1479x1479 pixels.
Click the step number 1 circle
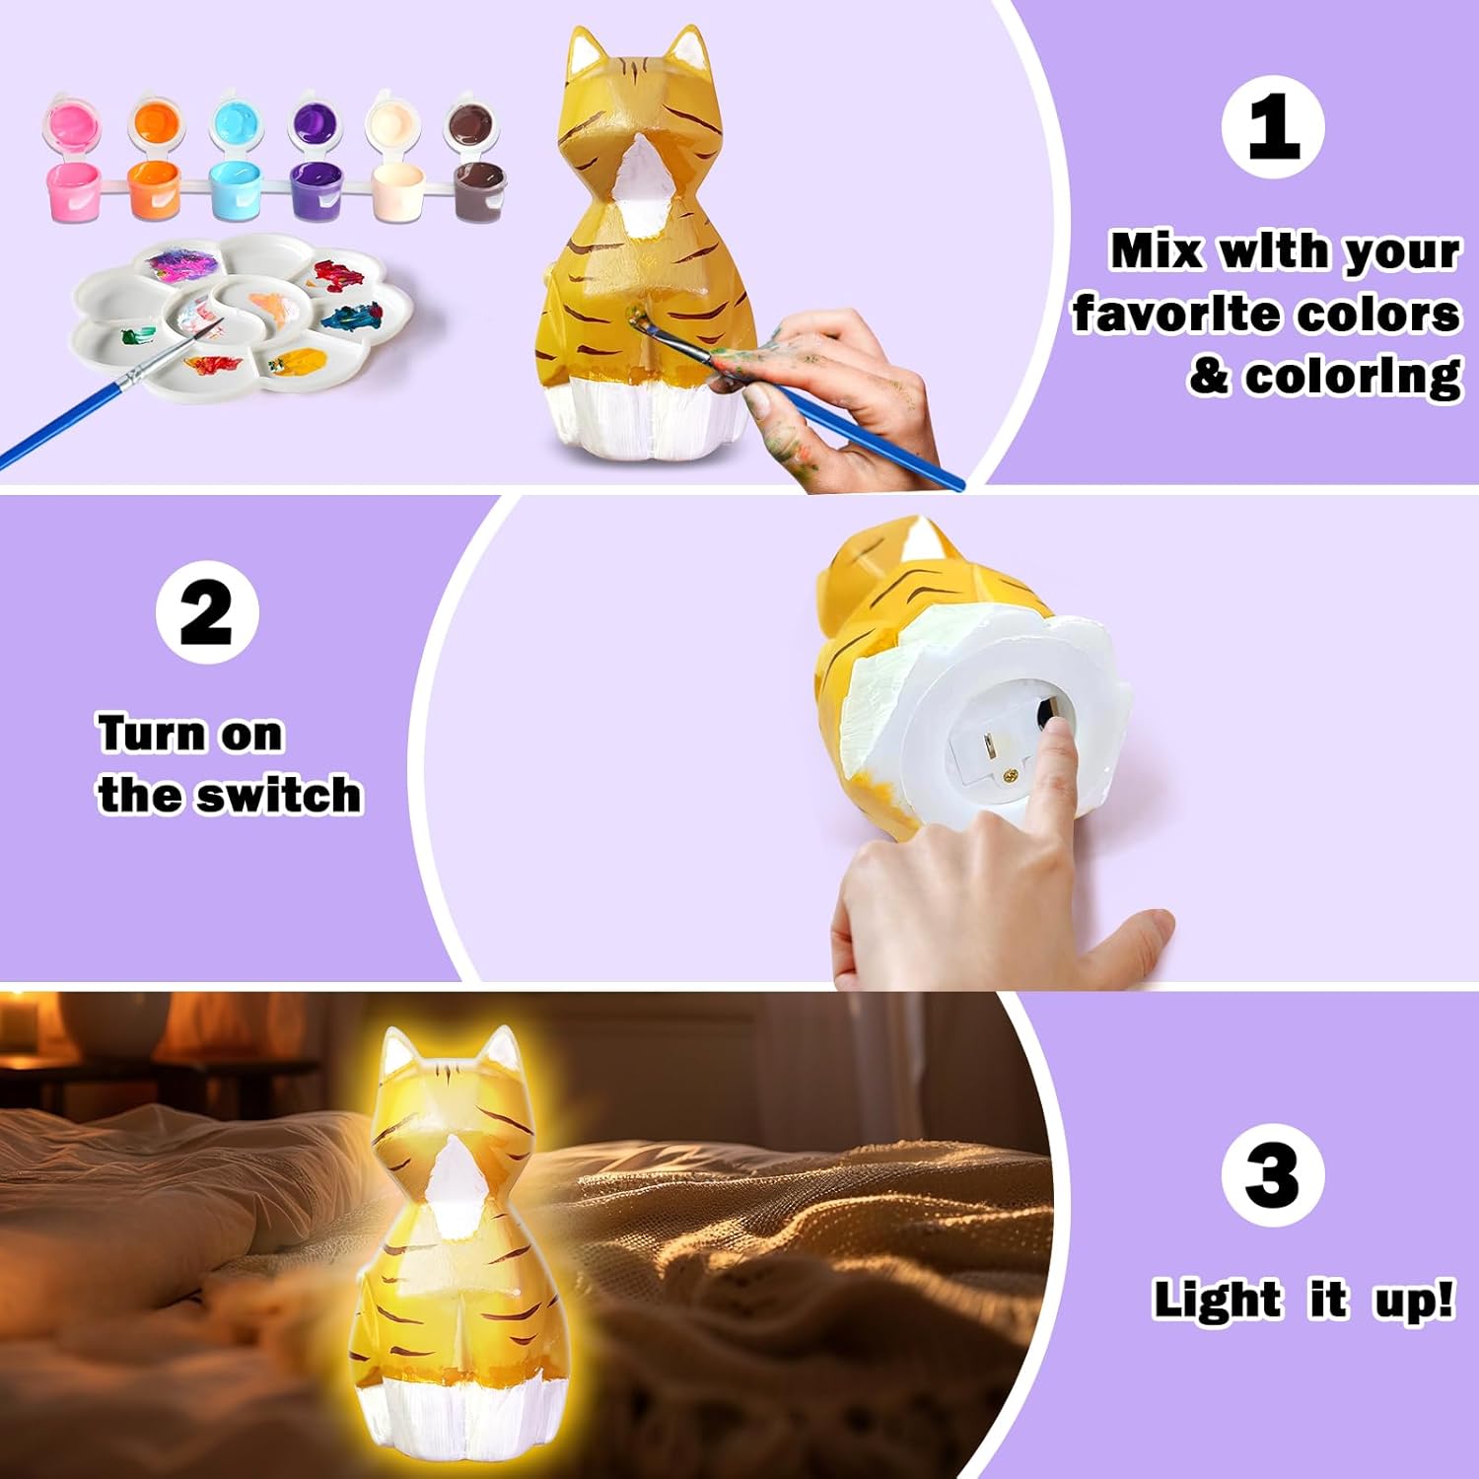click(x=1272, y=127)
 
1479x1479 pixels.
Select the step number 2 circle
click(x=207, y=612)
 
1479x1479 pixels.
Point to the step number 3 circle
click(x=1272, y=1174)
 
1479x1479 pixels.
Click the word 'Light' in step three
click(x=1217, y=1299)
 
